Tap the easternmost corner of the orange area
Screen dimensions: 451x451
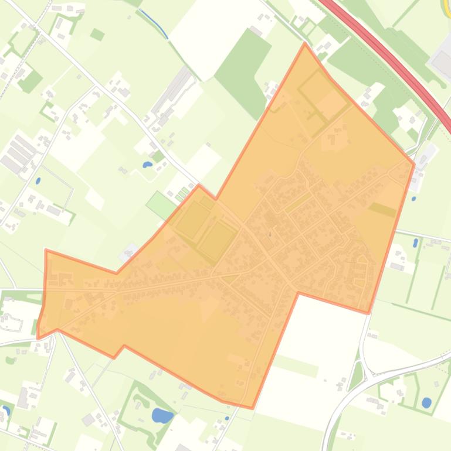(415, 147)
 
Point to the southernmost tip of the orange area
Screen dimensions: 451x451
(252, 408)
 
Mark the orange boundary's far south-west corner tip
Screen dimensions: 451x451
(38, 338)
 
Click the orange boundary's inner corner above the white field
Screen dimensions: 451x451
(299, 292)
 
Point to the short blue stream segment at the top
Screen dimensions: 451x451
(155, 23)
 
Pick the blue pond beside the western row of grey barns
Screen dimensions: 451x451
(38, 165)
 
